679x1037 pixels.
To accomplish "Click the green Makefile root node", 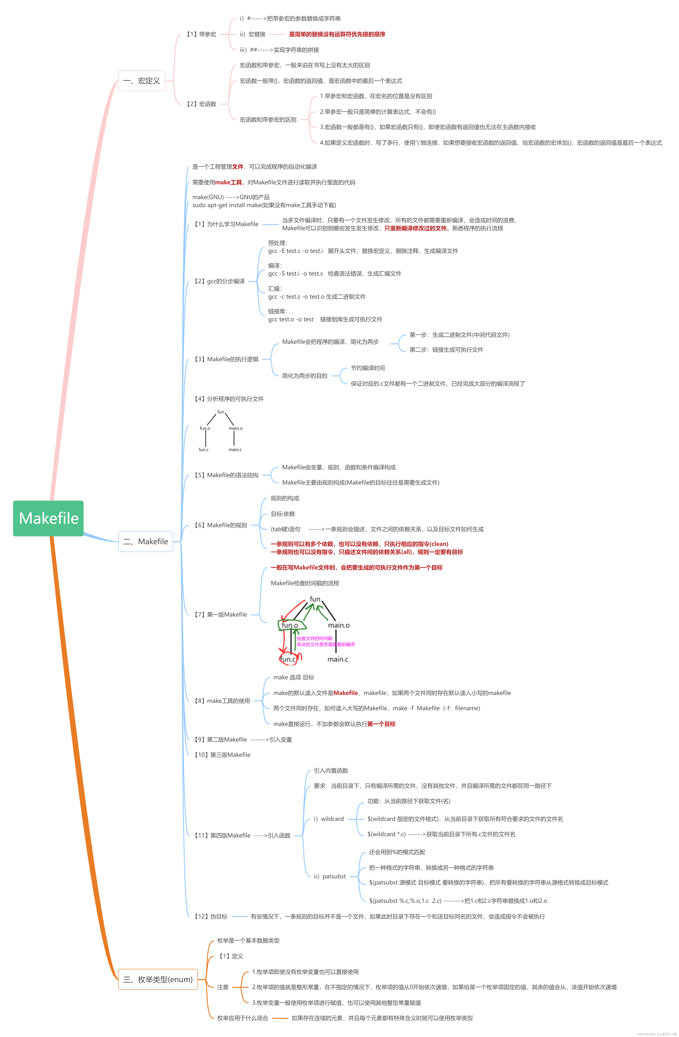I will pos(48,518).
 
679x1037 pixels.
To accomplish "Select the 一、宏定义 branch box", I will pos(142,81).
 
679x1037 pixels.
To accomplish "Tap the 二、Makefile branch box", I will pos(145,541).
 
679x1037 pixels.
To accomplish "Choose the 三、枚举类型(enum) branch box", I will pos(158,979).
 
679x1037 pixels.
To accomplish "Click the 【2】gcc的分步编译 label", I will pos(219,281).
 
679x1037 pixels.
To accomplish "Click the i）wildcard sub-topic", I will pos(329,819).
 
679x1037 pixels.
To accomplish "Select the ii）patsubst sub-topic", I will pos(330,876).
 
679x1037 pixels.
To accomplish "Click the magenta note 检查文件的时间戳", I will pos(314,638).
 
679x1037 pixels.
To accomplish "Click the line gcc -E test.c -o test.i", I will pos(295,251).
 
